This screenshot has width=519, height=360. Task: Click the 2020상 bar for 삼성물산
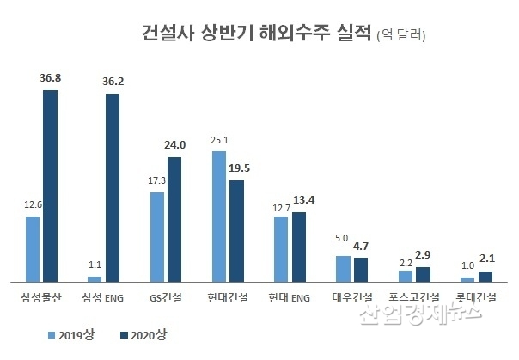51,186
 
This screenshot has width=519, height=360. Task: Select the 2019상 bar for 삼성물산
33,248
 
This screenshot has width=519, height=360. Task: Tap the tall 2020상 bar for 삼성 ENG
113,187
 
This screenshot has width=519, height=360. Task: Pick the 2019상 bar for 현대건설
218,216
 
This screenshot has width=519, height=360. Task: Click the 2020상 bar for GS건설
174,219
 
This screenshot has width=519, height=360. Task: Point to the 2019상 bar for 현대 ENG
280,248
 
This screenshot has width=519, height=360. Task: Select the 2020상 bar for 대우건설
361,269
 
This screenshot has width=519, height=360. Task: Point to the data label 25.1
220,139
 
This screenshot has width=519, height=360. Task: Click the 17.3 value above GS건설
156,181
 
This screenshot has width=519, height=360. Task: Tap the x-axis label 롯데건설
476,298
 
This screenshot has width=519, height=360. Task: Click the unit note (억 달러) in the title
401,37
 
